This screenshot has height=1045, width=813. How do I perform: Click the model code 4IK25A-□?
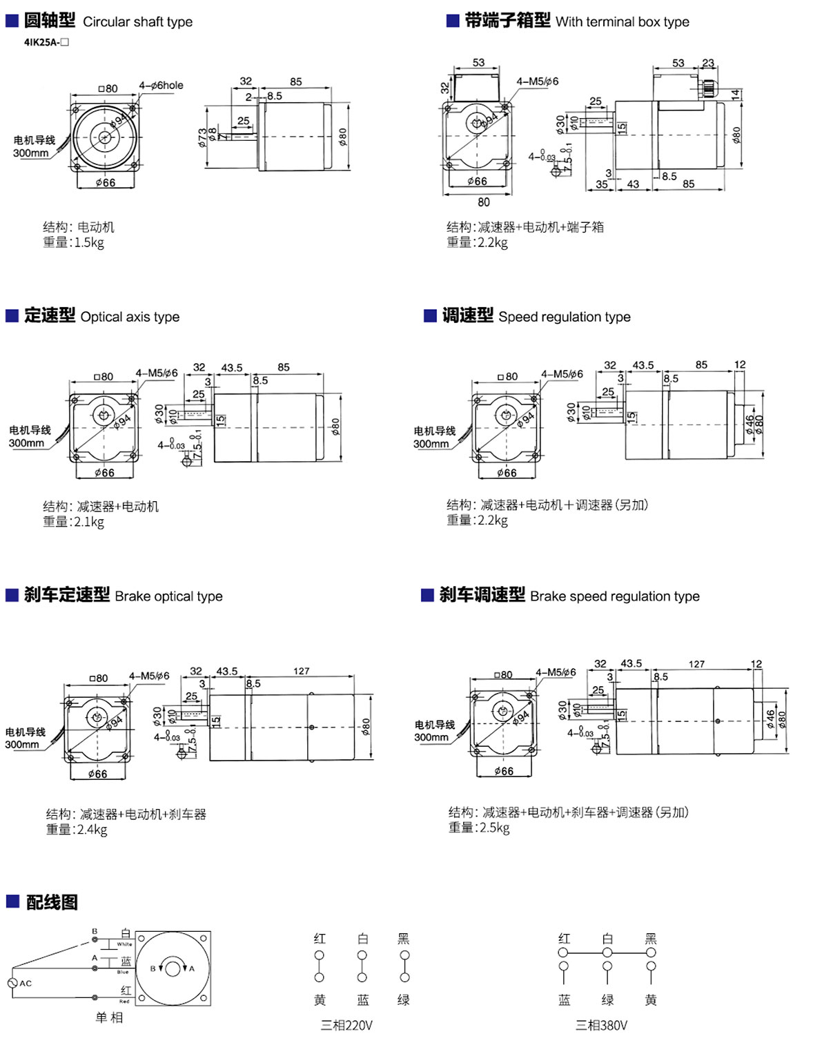pos(46,42)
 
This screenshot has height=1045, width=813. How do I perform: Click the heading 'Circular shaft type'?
pos(137,22)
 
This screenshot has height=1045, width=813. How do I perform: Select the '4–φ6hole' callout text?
pos(161,86)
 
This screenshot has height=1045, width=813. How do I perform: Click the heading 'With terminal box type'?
pos(622,22)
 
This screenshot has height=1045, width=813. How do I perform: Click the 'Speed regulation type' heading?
pos(564,317)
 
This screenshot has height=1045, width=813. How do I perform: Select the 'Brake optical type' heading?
pos(168,596)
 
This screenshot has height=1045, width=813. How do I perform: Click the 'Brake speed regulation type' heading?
pos(614,596)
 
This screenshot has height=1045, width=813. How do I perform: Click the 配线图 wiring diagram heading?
pos(52,902)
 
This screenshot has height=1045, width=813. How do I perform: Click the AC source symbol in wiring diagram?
pos(12,983)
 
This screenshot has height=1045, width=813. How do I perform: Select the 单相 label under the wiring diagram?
pos(109,1017)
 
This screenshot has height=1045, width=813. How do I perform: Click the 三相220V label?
pos(346,1025)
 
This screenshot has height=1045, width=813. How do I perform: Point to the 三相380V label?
pos(602,1025)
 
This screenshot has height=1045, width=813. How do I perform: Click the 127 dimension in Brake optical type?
pos(301,671)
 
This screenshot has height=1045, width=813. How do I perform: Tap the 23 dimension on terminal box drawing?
pos(708,64)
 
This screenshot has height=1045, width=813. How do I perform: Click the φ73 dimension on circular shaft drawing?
pos(202,137)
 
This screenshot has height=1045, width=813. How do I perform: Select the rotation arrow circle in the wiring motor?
pos(173,968)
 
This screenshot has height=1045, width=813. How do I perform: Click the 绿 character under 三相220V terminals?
pos(404,999)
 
